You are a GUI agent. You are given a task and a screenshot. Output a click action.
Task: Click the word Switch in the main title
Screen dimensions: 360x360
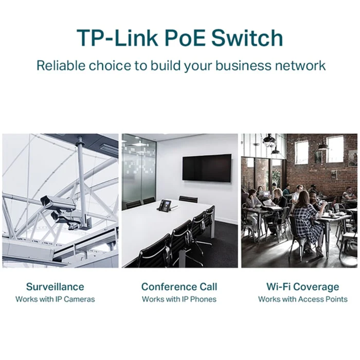tap(247, 38)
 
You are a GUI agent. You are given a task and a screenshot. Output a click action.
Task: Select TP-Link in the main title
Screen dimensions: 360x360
tap(118, 38)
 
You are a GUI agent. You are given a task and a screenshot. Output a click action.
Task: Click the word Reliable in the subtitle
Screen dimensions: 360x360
tap(61, 65)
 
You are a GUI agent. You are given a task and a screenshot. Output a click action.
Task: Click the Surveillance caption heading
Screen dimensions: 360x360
tap(55, 286)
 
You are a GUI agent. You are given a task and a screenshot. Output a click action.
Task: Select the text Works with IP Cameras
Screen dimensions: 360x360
tap(55, 299)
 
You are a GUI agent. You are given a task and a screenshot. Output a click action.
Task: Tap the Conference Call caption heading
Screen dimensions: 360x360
tap(179, 286)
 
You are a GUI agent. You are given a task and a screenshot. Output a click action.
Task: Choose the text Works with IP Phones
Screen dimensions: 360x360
tap(179, 299)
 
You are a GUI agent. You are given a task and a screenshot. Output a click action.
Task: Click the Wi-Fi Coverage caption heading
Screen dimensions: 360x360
tap(302, 286)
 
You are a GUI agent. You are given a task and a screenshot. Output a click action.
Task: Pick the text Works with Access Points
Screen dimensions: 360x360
tap(302, 299)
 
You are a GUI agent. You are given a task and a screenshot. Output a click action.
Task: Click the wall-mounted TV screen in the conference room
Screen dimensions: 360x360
tap(207, 168)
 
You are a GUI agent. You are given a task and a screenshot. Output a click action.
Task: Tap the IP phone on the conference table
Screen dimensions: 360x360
tap(166, 205)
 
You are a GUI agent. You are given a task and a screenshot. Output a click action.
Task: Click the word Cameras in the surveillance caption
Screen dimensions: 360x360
tap(79, 299)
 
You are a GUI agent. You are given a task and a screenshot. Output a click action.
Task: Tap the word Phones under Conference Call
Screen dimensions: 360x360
tap(204, 299)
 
